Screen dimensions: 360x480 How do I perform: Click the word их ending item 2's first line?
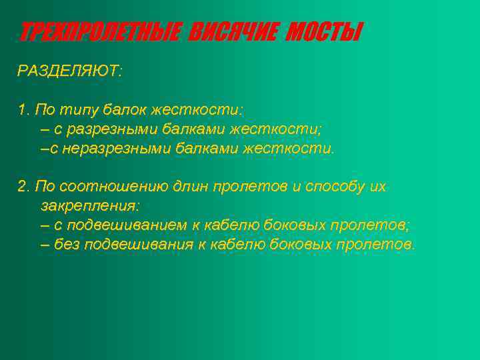click(378, 186)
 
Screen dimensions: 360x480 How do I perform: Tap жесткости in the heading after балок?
click(197, 109)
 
